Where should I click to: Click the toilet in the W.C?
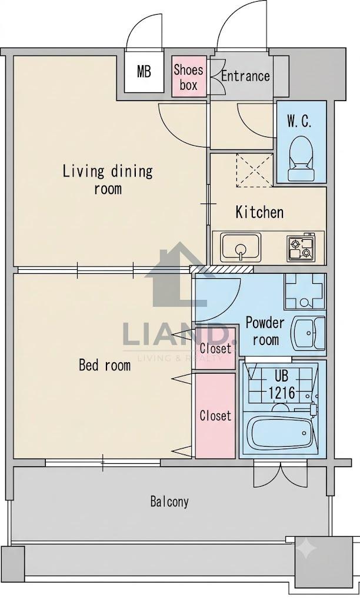coord(301,159)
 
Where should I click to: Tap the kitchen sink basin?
coord(241,246)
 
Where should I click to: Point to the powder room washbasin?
coord(308,333)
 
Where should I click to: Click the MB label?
coord(144,72)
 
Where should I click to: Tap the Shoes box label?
coord(188,78)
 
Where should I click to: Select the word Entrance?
coord(245,76)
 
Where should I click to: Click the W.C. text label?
coord(299,122)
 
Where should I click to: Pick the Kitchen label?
coord(260,212)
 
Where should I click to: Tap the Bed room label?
coord(105,364)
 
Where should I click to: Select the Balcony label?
coord(169,501)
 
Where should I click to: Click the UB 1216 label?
coord(282,384)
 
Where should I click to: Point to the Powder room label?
coord(265,331)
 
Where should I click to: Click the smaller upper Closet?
coord(215,348)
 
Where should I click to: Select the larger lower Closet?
coord(215,416)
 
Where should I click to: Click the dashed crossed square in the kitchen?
coord(255,170)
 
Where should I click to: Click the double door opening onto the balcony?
coord(281,474)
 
